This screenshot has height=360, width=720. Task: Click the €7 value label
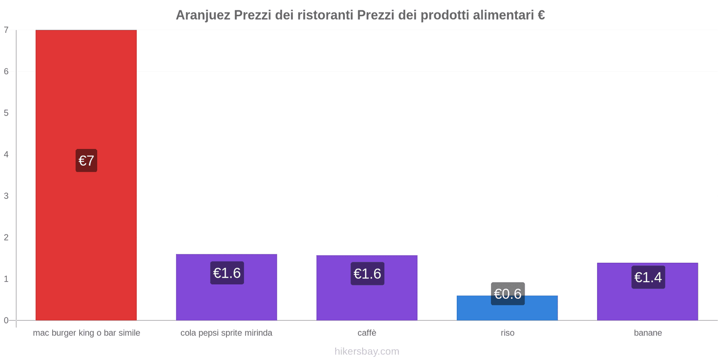86,161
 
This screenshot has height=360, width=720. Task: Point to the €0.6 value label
508,294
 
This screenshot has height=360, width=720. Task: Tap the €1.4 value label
648,277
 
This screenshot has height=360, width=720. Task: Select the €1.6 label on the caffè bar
367,274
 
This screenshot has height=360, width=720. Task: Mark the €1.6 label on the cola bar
227,273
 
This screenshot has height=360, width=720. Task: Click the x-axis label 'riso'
508,333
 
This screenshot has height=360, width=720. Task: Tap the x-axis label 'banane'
648,333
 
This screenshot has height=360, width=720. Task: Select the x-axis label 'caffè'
367,333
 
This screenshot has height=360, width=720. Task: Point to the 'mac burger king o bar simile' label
86,333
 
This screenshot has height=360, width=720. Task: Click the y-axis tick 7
6,30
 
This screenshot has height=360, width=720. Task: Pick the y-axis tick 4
6,155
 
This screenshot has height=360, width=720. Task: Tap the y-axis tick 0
6,320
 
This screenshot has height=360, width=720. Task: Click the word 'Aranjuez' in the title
203,15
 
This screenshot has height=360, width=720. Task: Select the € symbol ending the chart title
541,15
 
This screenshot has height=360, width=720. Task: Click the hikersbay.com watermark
367,351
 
